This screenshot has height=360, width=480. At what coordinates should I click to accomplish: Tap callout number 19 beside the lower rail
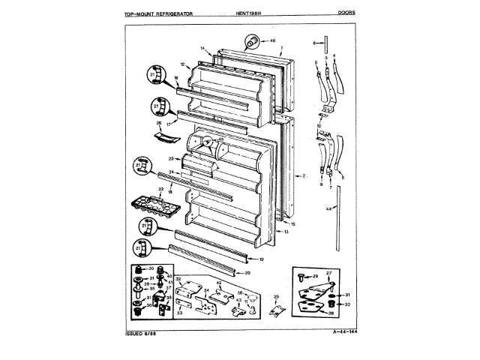click(261, 259)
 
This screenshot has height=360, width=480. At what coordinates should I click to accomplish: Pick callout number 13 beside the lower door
click(286, 232)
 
